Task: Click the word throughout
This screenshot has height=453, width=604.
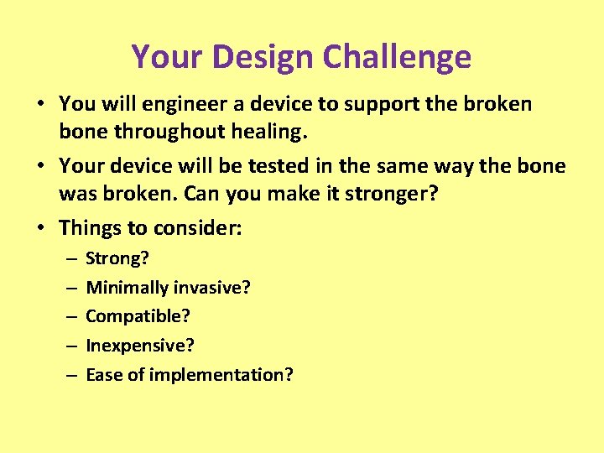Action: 177,132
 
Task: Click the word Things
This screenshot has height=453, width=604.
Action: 90,229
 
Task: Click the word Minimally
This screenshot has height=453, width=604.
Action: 128,288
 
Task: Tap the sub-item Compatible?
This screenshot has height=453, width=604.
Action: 138,316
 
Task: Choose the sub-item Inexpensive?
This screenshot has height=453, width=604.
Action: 139,346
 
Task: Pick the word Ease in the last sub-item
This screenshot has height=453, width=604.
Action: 103,374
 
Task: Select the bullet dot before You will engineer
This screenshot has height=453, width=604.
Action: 40,104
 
